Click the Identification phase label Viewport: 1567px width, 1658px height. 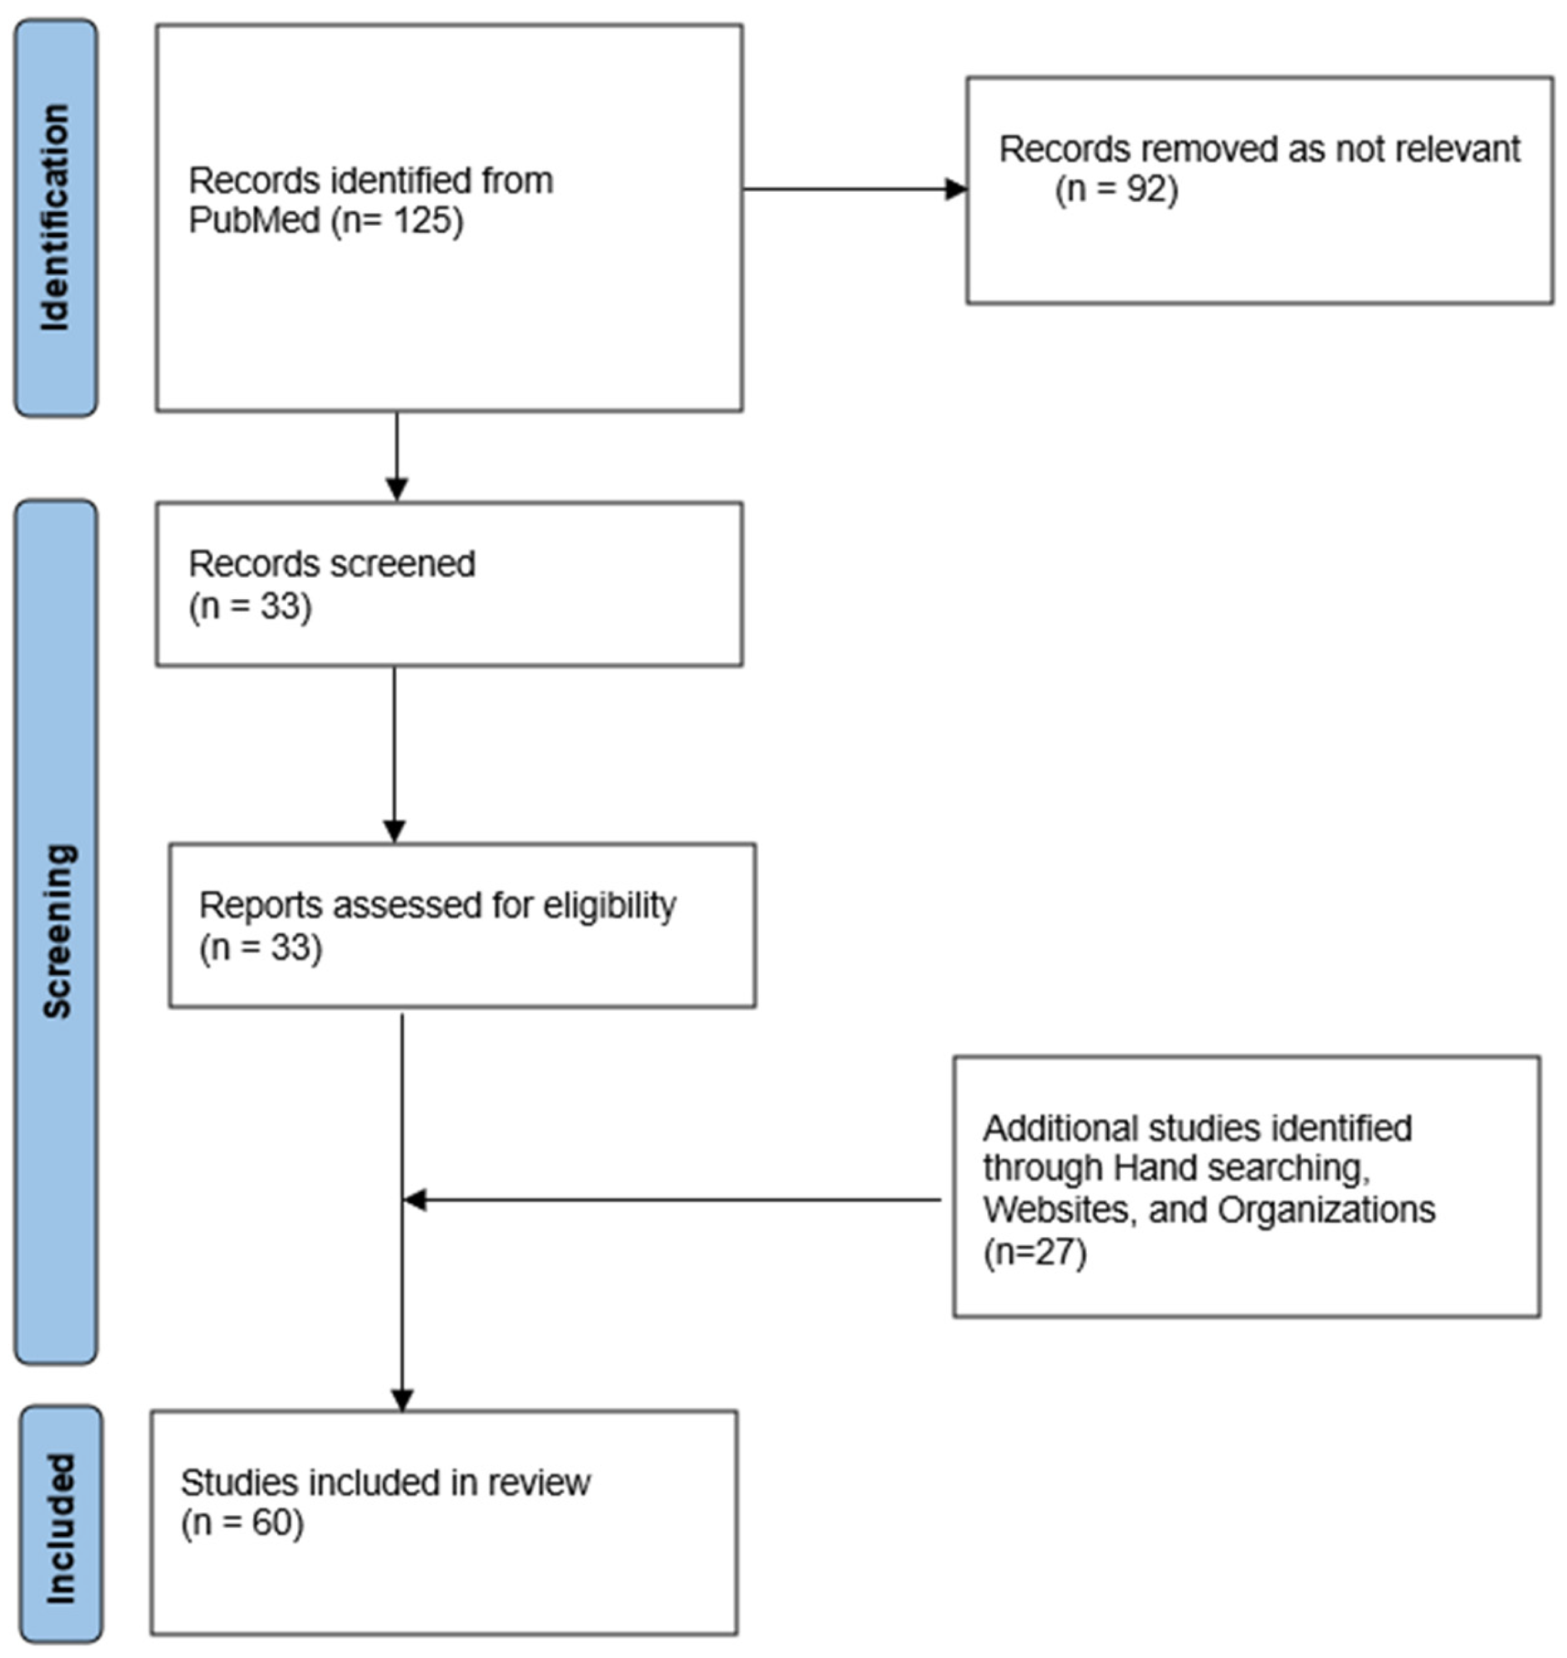(56, 217)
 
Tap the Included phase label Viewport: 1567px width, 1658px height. (61, 1528)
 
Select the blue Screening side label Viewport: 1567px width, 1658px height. (56, 931)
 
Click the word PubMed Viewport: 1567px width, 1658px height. (254, 220)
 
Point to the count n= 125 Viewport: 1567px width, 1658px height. (397, 221)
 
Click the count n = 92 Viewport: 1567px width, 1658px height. (1117, 190)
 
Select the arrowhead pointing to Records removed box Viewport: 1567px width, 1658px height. (956, 189)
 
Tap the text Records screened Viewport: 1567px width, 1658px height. (331, 564)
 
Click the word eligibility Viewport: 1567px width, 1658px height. (609, 905)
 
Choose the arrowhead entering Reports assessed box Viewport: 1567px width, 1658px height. (394, 831)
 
